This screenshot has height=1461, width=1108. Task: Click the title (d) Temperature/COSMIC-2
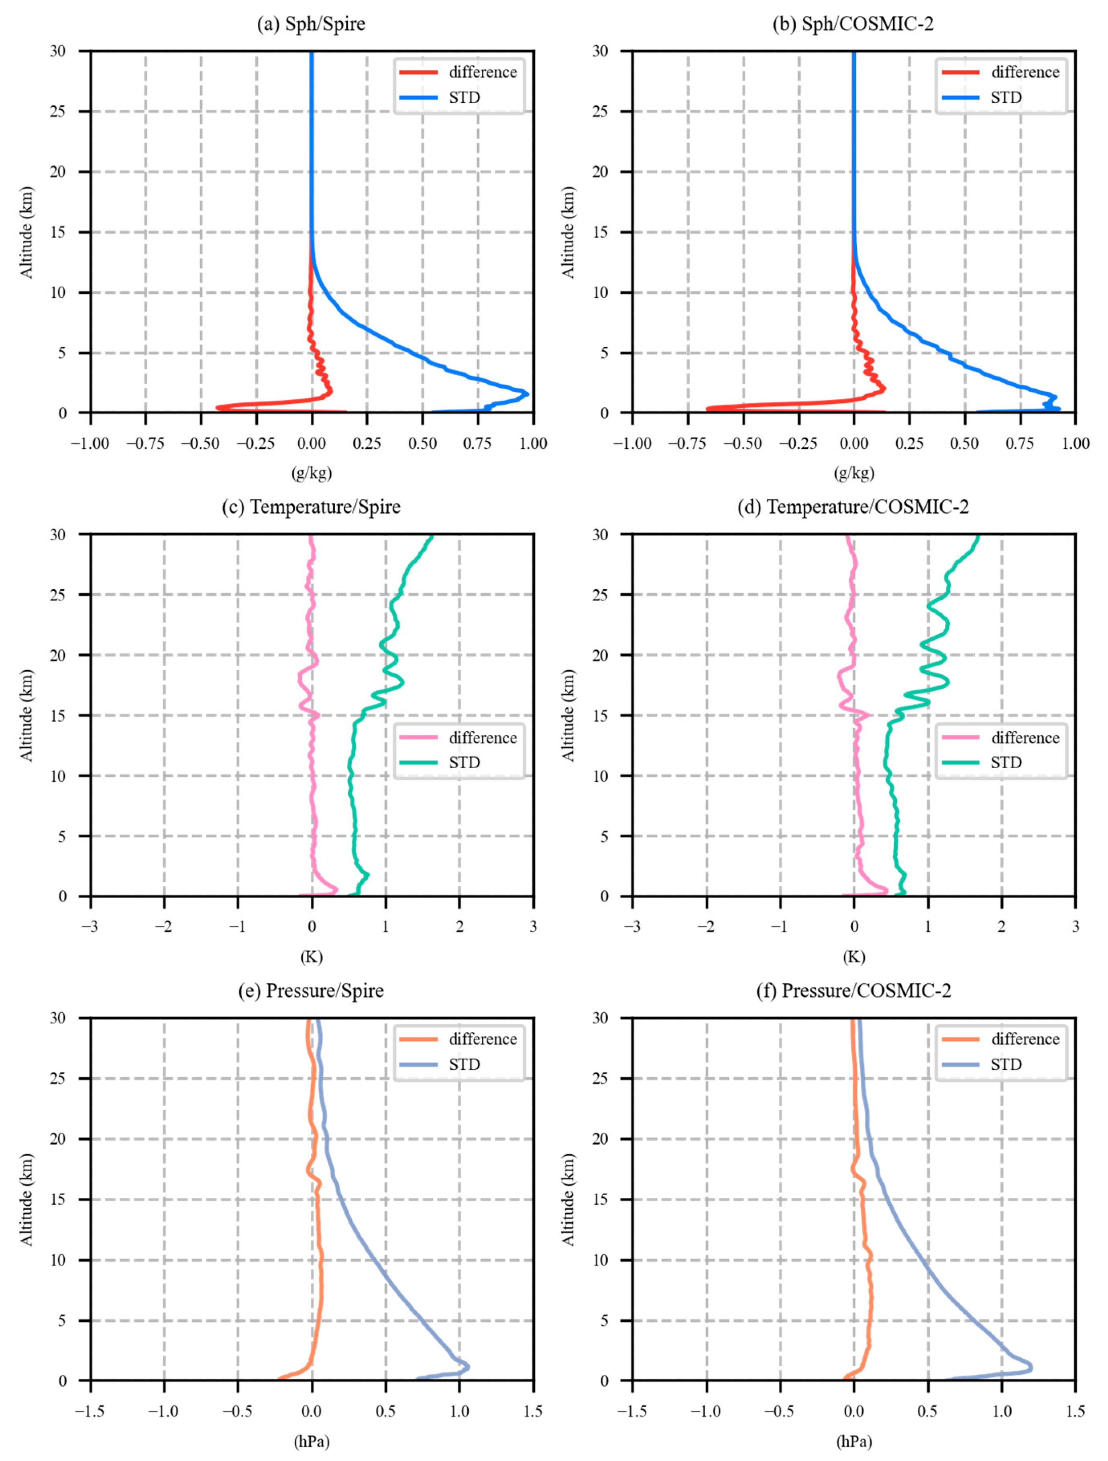tap(853, 507)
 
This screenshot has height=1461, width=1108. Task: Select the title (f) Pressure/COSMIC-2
tap(853, 991)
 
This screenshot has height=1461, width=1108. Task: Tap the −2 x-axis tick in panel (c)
tap(163, 927)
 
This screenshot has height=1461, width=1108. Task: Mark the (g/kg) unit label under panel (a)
tap(311, 473)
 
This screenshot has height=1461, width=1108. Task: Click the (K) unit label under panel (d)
tap(853, 956)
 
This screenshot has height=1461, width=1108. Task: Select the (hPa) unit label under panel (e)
tap(311, 1441)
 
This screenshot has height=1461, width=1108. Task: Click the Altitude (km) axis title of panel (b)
tap(568, 232)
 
